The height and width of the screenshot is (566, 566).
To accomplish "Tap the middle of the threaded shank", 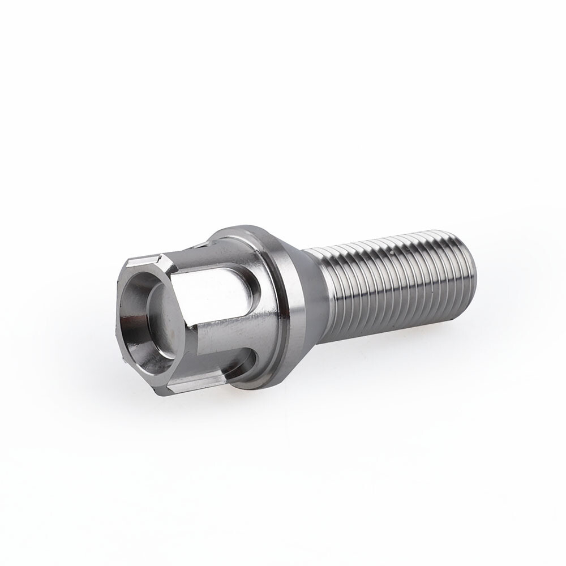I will click(x=391, y=283).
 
